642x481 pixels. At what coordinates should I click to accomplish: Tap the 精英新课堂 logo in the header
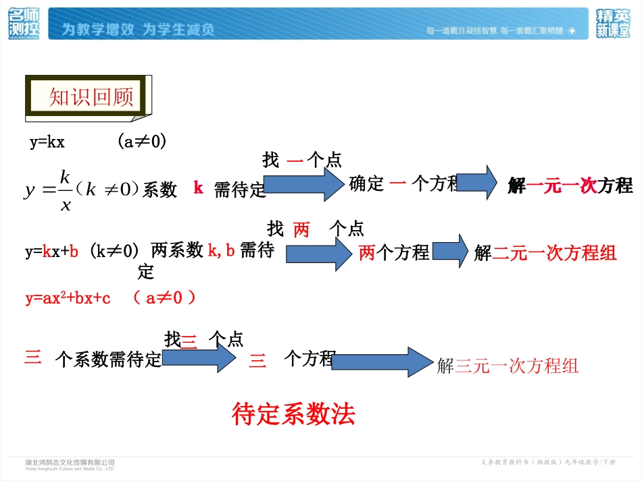point(613,24)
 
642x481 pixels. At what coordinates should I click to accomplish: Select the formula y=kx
point(47,142)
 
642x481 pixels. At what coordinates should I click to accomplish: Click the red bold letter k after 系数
point(198,188)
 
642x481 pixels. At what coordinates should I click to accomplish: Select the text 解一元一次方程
point(570,186)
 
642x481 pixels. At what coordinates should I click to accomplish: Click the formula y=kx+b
point(52,252)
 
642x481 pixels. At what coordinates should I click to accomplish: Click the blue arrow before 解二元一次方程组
point(450,251)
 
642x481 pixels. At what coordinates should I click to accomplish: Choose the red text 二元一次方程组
point(554,253)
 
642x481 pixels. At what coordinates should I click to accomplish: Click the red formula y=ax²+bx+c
point(68,298)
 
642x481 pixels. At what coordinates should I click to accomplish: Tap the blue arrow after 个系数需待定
point(199,358)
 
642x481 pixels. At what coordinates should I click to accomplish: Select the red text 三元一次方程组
point(517,366)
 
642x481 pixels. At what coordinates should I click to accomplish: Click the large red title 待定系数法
point(293,414)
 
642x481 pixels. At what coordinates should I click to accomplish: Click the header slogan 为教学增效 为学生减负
point(138,30)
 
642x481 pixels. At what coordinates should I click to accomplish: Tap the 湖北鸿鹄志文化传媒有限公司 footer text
point(70,463)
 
